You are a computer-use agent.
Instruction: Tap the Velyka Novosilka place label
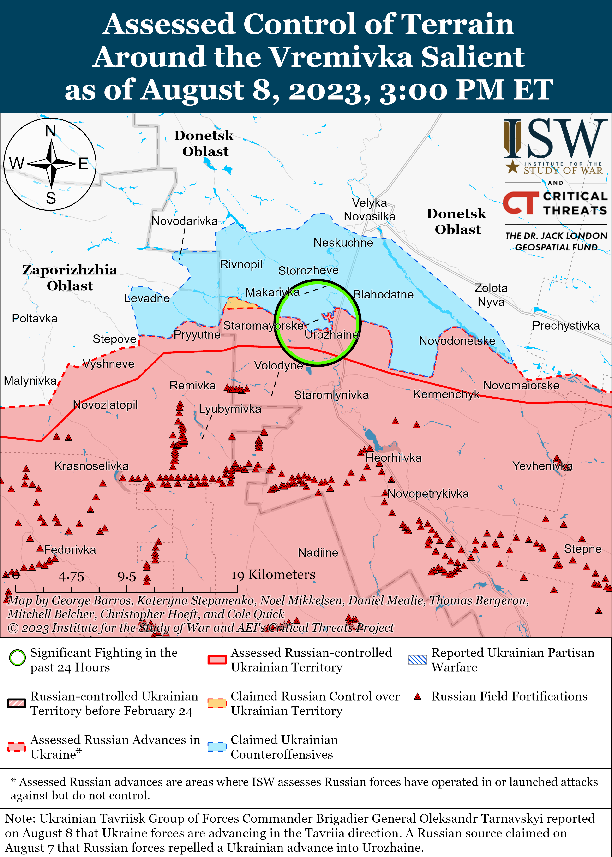369,209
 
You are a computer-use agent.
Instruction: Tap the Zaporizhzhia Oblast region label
70,278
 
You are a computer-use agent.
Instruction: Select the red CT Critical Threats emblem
520,203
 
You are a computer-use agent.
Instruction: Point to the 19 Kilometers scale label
273,575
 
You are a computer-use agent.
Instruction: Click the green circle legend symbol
17,658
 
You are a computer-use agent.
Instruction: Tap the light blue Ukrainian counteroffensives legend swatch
217,747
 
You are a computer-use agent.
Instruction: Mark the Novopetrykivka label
428,494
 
